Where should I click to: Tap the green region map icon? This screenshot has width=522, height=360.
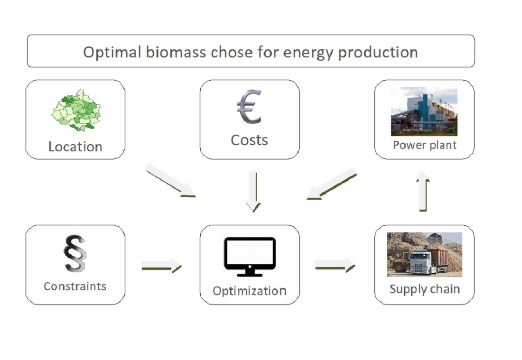[75, 111]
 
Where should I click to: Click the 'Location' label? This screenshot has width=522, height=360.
[75, 147]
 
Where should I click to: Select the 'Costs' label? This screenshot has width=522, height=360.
[249, 140]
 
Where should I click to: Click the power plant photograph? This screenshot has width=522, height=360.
[424, 111]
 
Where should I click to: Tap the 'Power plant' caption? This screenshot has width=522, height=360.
[424, 145]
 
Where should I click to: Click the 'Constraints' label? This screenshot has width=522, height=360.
[75, 286]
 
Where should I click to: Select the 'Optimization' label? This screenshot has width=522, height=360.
[249, 290]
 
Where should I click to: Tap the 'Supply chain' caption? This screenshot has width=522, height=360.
[424, 289]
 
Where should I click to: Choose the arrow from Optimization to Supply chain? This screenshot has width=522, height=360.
[335, 265]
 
